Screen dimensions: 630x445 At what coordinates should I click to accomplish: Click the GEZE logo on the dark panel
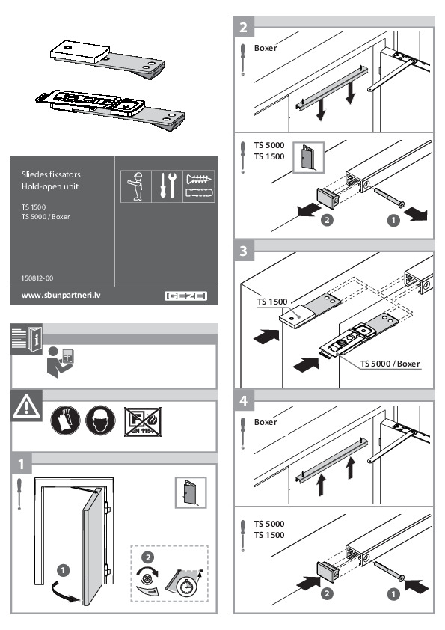[186, 296]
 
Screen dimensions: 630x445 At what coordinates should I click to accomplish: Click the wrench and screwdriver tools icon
[167, 186]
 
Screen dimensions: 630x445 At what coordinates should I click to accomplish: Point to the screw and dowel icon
[198, 186]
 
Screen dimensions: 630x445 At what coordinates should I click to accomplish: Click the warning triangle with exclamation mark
[25, 406]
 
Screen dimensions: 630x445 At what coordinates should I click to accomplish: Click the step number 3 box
[244, 252]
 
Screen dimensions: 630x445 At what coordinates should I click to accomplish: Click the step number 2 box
[244, 28]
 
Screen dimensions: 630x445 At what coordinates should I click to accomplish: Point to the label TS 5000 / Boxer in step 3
[390, 364]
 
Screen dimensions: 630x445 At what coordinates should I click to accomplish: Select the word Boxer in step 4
[266, 422]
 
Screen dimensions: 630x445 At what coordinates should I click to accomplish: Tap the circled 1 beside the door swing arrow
[64, 570]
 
